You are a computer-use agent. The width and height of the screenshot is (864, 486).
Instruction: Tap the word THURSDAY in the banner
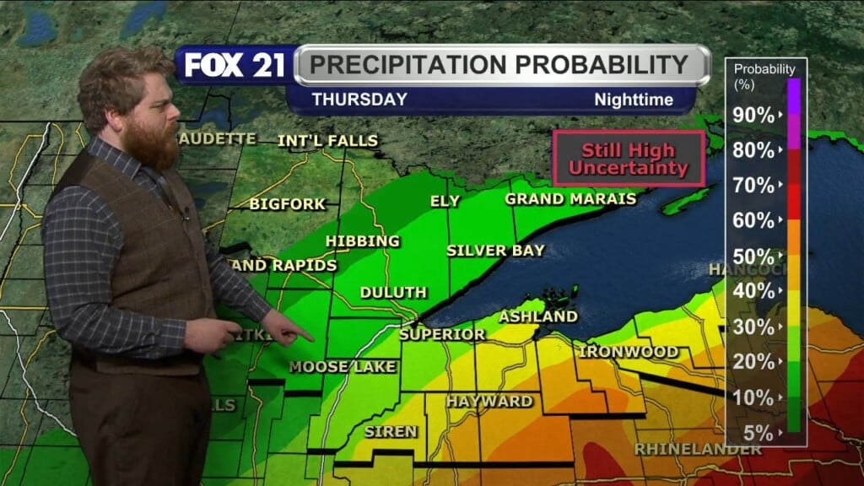click(x=359, y=100)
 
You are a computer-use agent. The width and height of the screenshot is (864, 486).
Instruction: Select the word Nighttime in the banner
click(x=634, y=100)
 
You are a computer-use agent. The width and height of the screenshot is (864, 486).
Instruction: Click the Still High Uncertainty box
click(x=628, y=159)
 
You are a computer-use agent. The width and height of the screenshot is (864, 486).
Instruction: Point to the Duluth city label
click(x=393, y=293)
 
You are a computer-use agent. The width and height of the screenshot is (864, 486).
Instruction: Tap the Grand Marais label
click(x=570, y=200)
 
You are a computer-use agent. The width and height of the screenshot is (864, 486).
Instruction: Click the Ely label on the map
click(x=445, y=202)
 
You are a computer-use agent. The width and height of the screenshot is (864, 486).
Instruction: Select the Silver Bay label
click(x=495, y=251)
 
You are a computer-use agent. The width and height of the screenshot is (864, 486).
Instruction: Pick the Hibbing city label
click(x=363, y=242)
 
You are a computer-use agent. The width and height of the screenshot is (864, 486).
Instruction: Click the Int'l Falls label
click(x=327, y=141)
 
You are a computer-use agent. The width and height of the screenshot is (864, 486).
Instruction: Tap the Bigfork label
click(x=276, y=203)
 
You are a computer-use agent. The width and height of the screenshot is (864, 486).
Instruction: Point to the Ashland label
click(x=538, y=316)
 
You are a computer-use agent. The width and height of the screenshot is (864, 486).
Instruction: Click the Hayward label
click(x=489, y=401)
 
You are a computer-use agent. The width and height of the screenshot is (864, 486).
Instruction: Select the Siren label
click(x=391, y=431)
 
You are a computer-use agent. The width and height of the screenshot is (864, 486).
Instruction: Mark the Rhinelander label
click(x=697, y=448)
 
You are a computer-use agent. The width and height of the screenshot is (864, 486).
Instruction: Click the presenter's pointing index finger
click(x=305, y=337)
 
